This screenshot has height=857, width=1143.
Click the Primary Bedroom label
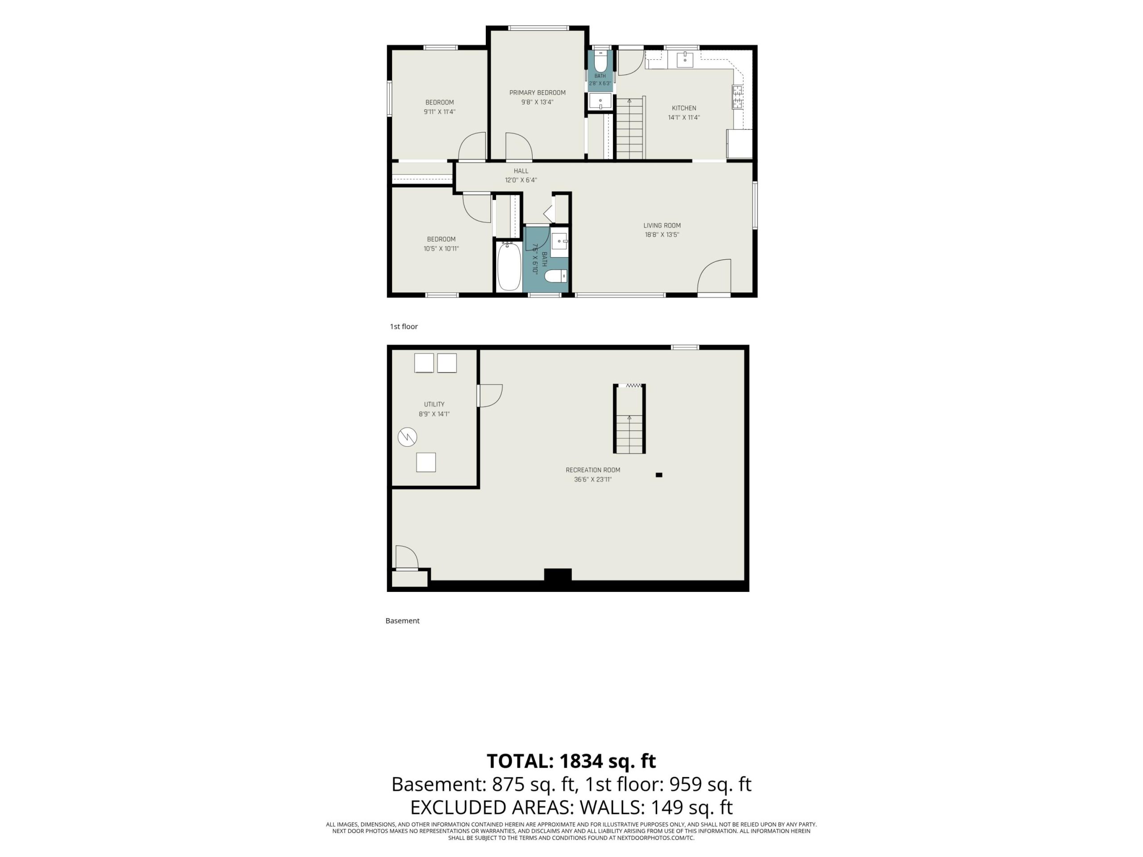538,93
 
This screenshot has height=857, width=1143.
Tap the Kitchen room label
684,108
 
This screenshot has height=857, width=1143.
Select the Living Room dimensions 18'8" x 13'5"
662,234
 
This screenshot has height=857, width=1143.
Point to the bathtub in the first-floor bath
509,267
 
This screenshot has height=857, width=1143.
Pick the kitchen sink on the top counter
684,59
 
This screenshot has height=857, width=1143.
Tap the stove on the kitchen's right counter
738,97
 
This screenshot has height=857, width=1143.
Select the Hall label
521,171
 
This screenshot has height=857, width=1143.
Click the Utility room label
434,404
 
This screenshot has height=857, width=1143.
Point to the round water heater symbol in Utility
407,437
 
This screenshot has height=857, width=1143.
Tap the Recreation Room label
592,470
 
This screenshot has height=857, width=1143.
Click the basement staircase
630,420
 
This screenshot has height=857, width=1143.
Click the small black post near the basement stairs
659,475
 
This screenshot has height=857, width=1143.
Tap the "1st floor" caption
404,326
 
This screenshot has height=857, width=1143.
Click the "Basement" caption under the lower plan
403,621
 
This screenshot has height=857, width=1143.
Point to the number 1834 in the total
581,761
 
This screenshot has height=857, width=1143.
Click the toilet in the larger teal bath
556,276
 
